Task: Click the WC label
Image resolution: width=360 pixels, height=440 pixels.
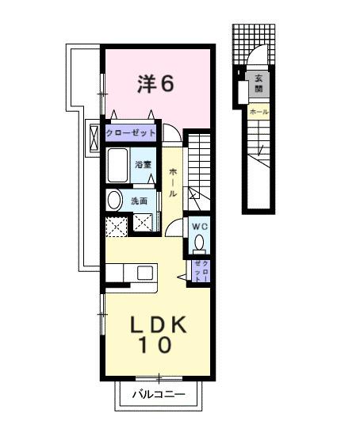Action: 198,226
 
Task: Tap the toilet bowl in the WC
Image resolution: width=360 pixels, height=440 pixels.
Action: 199,243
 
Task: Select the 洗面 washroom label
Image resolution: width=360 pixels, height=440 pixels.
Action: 139,201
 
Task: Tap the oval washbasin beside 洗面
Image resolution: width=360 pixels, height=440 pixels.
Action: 114,200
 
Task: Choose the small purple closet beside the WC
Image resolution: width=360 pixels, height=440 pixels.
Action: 201,271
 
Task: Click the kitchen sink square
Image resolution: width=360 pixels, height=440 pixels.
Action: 144,274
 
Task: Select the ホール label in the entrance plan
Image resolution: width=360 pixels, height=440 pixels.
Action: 258,113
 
